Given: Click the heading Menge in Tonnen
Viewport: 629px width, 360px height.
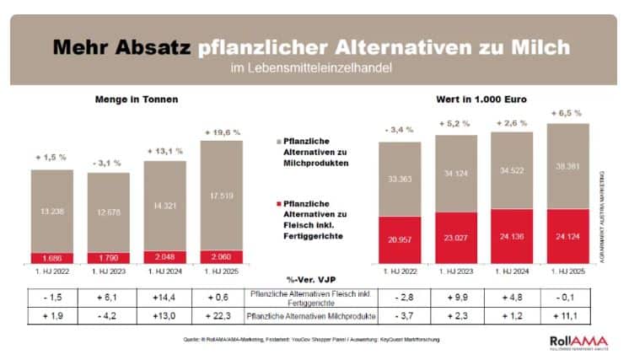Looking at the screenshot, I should (x=137, y=99).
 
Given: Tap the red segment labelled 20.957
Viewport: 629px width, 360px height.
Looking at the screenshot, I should (x=401, y=239).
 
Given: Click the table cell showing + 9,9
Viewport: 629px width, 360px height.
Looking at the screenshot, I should (x=456, y=295).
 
